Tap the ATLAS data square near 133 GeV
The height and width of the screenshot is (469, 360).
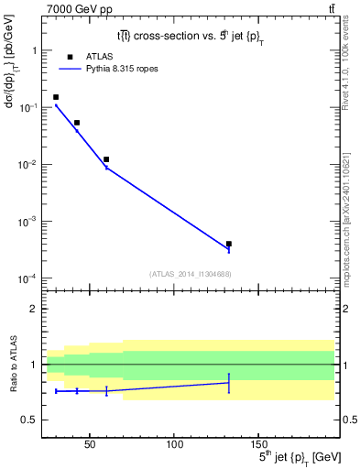[228, 244]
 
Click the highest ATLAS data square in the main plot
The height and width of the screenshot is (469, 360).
[56, 97]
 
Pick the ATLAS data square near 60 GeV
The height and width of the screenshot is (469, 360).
[106, 159]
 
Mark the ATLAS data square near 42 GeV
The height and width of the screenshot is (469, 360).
[77, 123]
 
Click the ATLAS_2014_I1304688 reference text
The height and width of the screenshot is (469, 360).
[190, 273]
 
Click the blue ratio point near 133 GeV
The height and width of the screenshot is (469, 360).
[228, 383]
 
